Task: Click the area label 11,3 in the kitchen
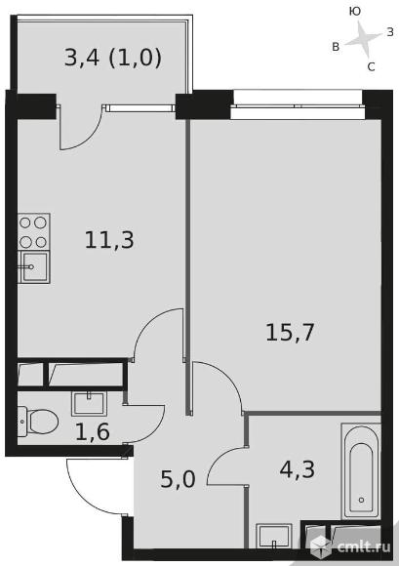tap(110, 239)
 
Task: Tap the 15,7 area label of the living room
tap(290, 332)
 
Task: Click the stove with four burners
tap(33, 231)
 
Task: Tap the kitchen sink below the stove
tap(33, 266)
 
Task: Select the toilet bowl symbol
tap(37, 423)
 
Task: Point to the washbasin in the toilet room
tap(94, 401)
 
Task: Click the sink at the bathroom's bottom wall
tap(274, 537)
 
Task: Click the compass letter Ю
tap(355, 11)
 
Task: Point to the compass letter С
tap(371, 66)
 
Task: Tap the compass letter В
tap(336, 46)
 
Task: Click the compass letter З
tap(389, 32)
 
